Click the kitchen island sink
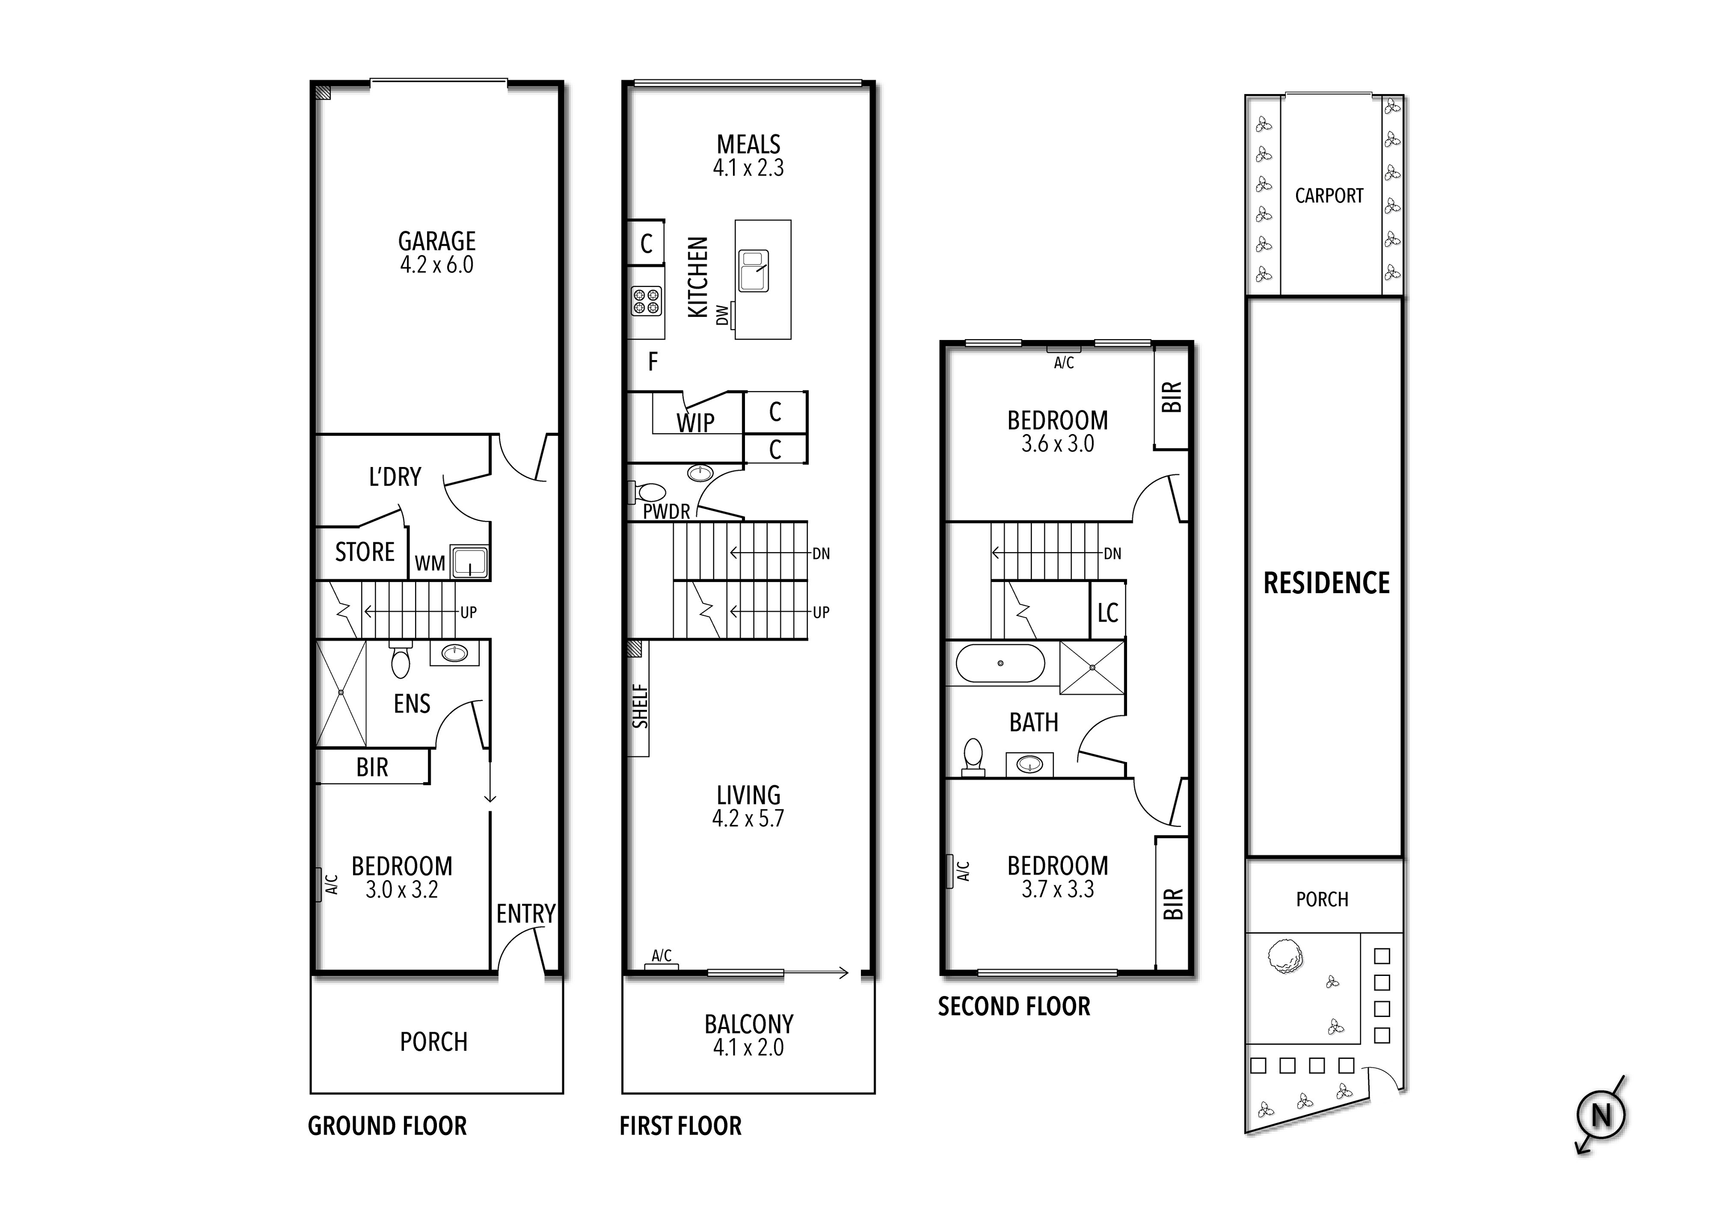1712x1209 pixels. click(x=753, y=271)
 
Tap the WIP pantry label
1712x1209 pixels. click(x=695, y=422)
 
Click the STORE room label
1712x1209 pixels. click(x=365, y=552)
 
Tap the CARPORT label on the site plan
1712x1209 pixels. click(x=1329, y=196)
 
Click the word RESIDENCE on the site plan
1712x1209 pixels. click(x=1326, y=583)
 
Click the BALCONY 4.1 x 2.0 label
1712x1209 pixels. click(x=749, y=1035)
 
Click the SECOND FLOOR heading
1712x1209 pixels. click(x=1013, y=1007)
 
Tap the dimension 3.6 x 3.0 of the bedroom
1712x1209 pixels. click(x=1058, y=444)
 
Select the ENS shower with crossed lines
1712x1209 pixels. click(x=341, y=693)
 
